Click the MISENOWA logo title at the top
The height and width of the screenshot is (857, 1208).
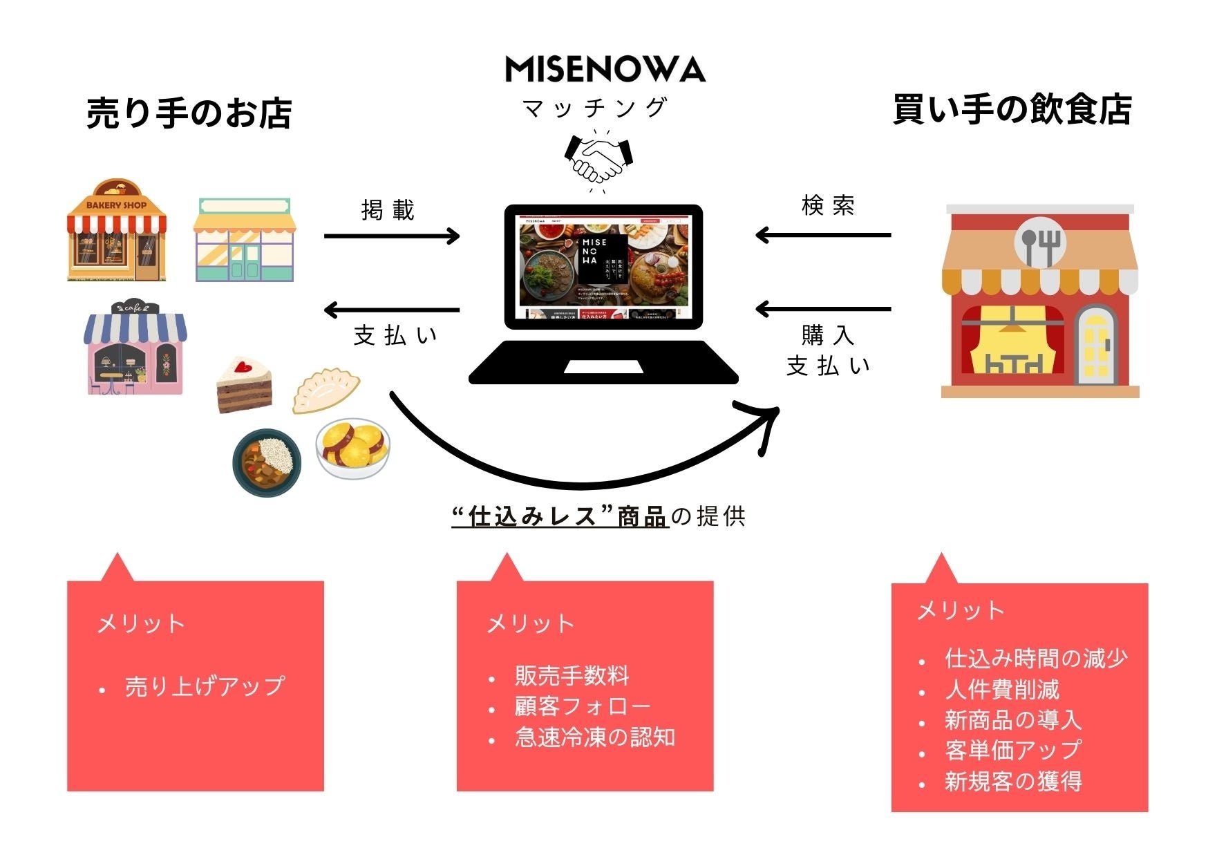coord(605,69)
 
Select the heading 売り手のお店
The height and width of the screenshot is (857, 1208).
coord(189,113)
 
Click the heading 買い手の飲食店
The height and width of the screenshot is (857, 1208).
coord(1012,110)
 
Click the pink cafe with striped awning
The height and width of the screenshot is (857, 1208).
coord(135,348)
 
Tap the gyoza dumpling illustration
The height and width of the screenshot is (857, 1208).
coord(325,390)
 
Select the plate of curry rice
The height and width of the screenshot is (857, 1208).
coord(267,461)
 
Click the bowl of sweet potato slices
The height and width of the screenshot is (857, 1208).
coord(353,449)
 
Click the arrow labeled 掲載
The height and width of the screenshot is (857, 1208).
coord(392,236)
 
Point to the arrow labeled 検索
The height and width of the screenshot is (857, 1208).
coord(824,236)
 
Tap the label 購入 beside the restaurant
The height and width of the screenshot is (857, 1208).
coord(827,335)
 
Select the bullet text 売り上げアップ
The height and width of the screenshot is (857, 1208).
coord(205,686)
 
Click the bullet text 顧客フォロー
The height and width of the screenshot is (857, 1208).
coord(583,706)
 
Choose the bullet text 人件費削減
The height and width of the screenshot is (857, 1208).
coord(1001,690)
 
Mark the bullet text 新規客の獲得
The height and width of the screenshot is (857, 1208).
coord(1013,782)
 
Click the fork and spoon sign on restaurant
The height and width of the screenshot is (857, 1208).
coord(1039,244)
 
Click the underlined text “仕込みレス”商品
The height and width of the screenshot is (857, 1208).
coord(560,516)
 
